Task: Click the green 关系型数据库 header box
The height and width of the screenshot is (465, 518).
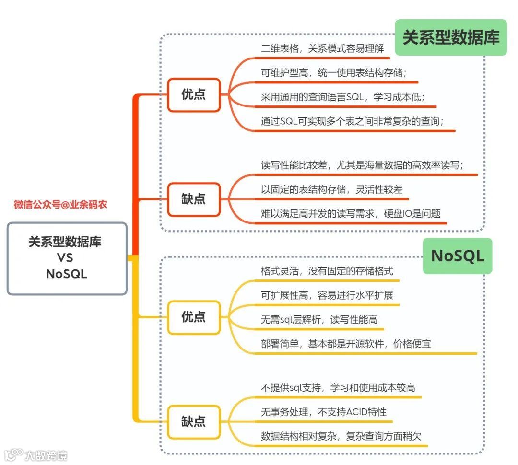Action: coord(451,37)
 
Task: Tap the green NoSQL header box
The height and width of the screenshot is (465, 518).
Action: coord(457,256)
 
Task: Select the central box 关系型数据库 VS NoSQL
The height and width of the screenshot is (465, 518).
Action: coord(67,258)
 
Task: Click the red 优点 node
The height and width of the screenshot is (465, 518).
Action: coord(193,94)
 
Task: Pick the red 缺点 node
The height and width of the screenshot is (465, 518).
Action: coord(193,199)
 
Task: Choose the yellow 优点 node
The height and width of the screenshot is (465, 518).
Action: coord(193,317)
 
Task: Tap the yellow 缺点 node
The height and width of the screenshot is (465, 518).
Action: coord(193,421)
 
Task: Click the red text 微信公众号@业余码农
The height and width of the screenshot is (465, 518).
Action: coord(60,205)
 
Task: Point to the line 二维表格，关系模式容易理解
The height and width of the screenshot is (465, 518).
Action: coord(322,48)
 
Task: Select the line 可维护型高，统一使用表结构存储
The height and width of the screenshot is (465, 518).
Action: coord(334,72)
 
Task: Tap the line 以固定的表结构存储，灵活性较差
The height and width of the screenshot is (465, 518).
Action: coord(332,189)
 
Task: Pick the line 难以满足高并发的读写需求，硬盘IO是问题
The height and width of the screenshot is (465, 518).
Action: coord(351,214)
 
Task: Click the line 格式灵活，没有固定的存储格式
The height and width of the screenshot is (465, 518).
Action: coord(327,271)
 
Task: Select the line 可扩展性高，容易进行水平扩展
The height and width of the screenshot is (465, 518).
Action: coord(327,295)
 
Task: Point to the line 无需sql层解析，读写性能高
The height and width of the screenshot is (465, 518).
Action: coord(319,320)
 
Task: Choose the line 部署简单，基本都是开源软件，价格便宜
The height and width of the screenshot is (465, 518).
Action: coord(346,344)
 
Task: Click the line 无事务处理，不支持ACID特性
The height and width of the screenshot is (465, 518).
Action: coord(324,412)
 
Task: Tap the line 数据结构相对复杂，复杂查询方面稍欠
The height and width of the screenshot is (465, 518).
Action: coord(341,436)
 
